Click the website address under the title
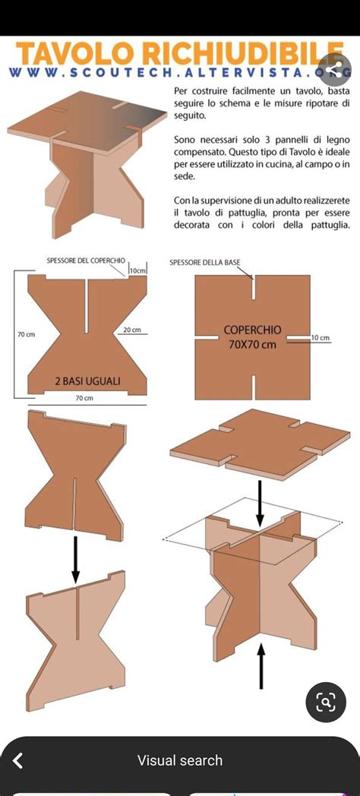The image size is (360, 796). click(x=180, y=73)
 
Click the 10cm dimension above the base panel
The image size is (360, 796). click(x=137, y=270)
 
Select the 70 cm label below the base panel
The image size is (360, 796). click(x=84, y=398)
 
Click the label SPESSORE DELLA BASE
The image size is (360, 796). click(x=204, y=263)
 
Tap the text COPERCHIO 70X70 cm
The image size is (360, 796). click(x=252, y=337)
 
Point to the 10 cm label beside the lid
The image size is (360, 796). click(x=320, y=337)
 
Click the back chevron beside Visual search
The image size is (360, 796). click(x=18, y=760)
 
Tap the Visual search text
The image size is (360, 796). click(x=180, y=760)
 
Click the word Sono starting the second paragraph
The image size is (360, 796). click(x=185, y=141)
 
